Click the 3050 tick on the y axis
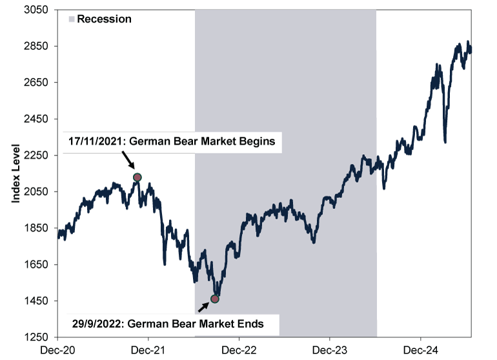(39, 10)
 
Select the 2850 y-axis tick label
(39, 46)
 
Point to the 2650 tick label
(39, 83)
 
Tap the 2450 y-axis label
(39, 119)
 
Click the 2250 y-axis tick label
(39, 155)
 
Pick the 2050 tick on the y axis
(39, 192)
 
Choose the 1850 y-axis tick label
(39, 228)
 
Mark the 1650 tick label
(39, 265)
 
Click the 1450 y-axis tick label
(39, 301)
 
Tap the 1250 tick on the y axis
(39, 337)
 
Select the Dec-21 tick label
(148, 350)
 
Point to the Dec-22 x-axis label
(239, 350)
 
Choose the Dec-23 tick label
(330, 350)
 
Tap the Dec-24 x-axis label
(420, 350)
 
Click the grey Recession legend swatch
(71, 19)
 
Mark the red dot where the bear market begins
(137, 177)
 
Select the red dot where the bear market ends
(215, 299)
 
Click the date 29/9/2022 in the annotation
(93, 324)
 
